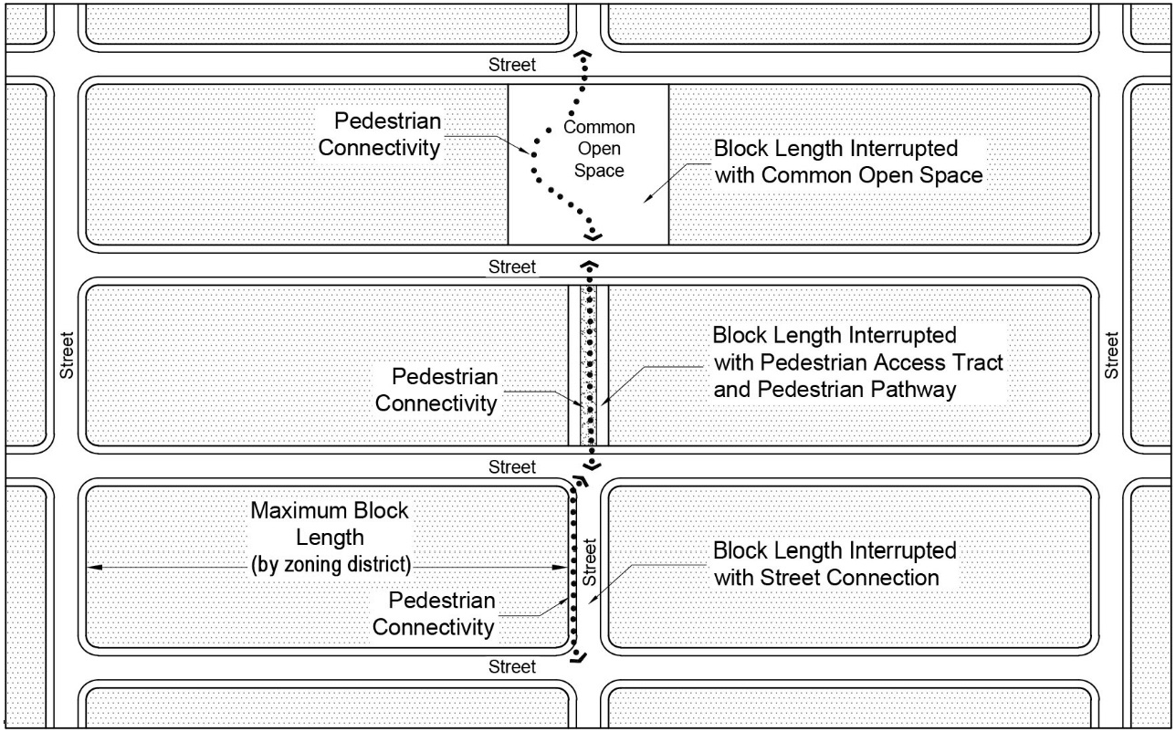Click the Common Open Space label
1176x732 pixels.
coord(599,149)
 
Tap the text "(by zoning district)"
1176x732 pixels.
coord(331,565)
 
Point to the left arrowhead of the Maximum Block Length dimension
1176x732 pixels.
coord(93,568)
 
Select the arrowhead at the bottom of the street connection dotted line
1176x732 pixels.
coord(578,657)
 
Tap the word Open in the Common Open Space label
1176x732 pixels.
coord(599,149)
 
